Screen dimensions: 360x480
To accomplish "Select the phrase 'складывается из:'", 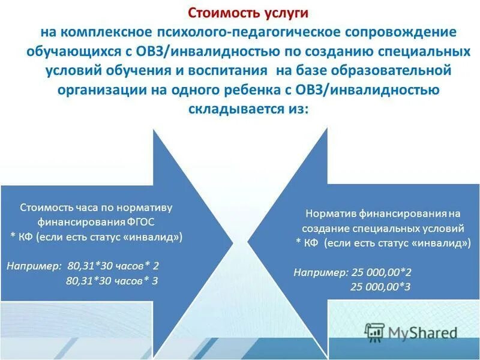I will pyautogui.click(x=248, y=110).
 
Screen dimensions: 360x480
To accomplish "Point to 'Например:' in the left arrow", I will pyautogui.click(x=34, y=265).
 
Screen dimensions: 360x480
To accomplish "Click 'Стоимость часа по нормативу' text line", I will pyautogui.click(x=96, y=208).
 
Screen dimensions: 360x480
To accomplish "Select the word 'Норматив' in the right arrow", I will pyautogui.click(x=326, y=214).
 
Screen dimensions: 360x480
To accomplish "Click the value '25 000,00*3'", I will pyautogui.click(x=380, y=287).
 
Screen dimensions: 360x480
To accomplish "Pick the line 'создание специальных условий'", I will pyautogui.click(x=383, y=228).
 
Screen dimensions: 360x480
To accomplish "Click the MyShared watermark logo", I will pyautogui.click(x=412, y=332).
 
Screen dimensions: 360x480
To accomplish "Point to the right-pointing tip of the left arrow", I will pyautogui.click(x=233, y=243).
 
